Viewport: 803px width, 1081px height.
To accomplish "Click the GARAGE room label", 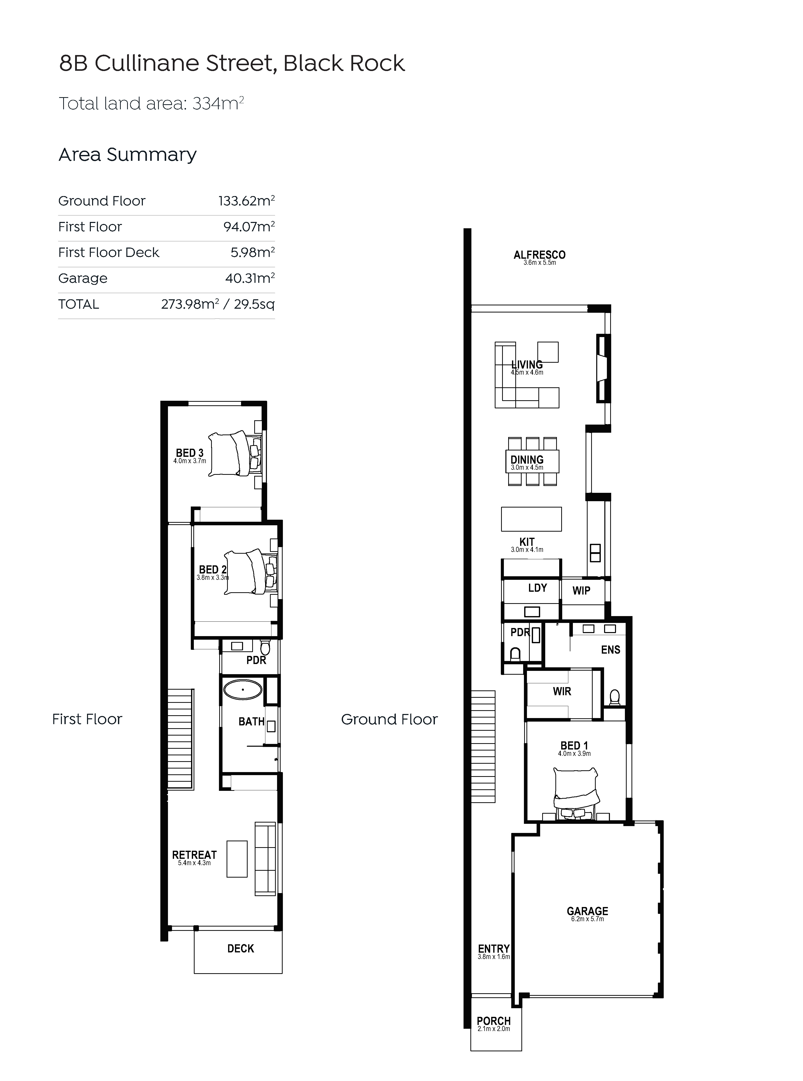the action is click(587, 911).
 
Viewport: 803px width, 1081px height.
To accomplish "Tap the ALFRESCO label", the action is click(540, 255).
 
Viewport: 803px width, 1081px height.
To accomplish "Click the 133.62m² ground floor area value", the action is click(246, 201).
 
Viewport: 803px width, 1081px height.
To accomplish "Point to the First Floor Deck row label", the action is click(109, 253).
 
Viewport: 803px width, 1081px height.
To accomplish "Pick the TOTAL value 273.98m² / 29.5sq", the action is click(218, 304).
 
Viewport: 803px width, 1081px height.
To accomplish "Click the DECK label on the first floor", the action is click(241, 948).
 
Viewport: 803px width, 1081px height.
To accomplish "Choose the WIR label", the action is click(562, 691).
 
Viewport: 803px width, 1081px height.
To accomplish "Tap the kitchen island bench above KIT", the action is click(531, 519).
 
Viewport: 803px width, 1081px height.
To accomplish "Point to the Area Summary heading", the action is click(127, 154).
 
